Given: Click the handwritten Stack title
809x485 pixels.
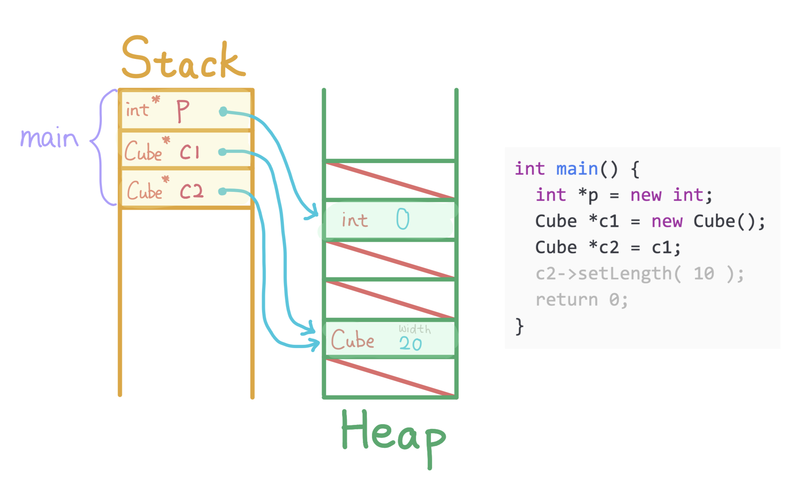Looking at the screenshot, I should coord(183,58).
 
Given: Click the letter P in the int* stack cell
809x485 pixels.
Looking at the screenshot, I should coord(183,110).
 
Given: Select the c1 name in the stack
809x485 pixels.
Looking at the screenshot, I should coord(190,151).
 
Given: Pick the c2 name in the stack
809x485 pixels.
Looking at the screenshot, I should coord(192,191).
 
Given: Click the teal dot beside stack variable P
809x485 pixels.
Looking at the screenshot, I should coord(223,112).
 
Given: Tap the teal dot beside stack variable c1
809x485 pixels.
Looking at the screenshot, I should coord(222,152).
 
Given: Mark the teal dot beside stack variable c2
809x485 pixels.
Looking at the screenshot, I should coord(222,191).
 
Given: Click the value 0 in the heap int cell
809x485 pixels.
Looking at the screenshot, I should coord(403,219).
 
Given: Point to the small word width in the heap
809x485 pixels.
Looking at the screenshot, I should coord(415,329).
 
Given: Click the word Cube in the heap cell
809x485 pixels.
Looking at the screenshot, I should coord(352,339).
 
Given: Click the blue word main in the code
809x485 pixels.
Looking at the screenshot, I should coord(577,169).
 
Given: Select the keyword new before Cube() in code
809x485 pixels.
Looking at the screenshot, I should coord(667,221).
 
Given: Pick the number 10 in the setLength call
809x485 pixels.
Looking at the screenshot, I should coord(703,274).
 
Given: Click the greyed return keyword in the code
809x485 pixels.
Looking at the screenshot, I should coord(567,300).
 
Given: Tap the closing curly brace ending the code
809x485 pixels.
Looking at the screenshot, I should coord(520,326).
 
